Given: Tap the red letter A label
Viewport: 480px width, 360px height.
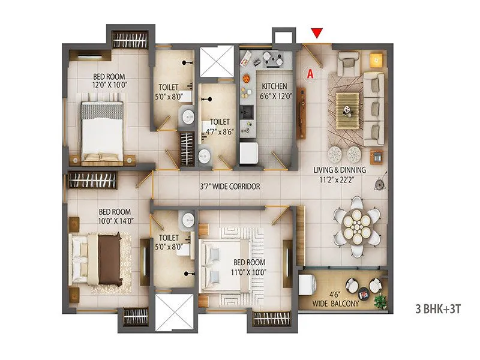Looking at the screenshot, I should pos(310,74).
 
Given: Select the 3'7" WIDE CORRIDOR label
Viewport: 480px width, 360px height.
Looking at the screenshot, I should pos(230,187).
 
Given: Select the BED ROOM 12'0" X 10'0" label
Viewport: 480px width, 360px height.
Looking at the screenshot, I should pos(109,80).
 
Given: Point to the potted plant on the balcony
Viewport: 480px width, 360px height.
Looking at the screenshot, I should pos(378,299).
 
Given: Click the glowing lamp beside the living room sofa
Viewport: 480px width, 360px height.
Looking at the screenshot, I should pos(376,59).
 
